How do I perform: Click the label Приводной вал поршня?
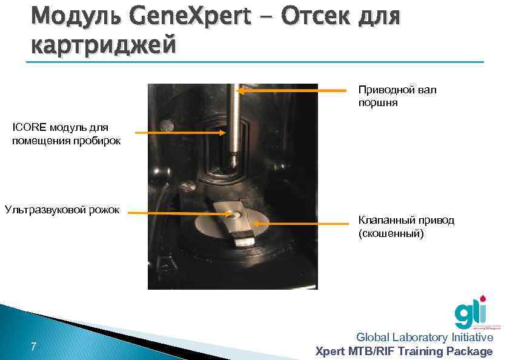click(x=397, y=96)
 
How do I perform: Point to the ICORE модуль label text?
click(x=61, y=134)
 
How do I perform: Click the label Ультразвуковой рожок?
click(x=62, y=210)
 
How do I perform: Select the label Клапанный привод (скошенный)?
click(x=406, y=226)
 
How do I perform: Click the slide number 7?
click(x=33, y=347)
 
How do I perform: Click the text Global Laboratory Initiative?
click(x=425, y=337)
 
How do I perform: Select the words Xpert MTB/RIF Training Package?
click(x=405, y=351)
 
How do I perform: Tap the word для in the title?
click(x=379, y=18)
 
